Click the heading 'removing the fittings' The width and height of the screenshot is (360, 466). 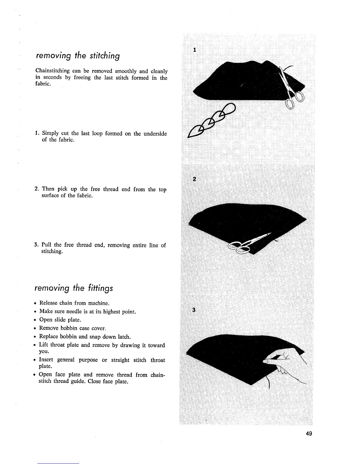[x=74, y=288]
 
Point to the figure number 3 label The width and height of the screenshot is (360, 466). [x=194, y=310]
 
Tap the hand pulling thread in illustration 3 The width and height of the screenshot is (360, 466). [x=287, y=363]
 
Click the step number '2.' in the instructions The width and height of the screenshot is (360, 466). [x=37, y=189]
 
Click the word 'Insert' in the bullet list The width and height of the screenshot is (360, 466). [x=46, y=360]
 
